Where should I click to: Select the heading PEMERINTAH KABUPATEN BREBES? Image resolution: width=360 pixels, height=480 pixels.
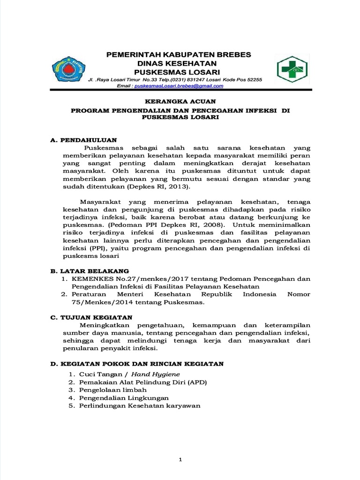click(x=179, y=55)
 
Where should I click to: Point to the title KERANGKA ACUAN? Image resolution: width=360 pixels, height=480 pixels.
click(x=180, y=102)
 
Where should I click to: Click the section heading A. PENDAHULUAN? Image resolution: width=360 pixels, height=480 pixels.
click(x=83, y=140)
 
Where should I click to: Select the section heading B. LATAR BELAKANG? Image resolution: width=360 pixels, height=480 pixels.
click(x=89, y=271)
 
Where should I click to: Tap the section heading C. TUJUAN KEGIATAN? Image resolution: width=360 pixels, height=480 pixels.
click(x=91, y=317)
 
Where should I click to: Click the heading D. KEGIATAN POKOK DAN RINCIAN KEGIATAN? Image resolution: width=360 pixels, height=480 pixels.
click(x=137, y=363)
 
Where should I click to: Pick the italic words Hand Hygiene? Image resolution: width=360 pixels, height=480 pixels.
click(x=155, y=374)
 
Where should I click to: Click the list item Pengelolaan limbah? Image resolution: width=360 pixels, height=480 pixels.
click(x=112, y=390)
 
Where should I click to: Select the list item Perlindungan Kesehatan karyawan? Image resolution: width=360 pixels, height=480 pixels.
click(x=139, y=405)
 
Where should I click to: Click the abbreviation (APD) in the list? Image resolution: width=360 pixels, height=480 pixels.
click(x=197, y=382)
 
